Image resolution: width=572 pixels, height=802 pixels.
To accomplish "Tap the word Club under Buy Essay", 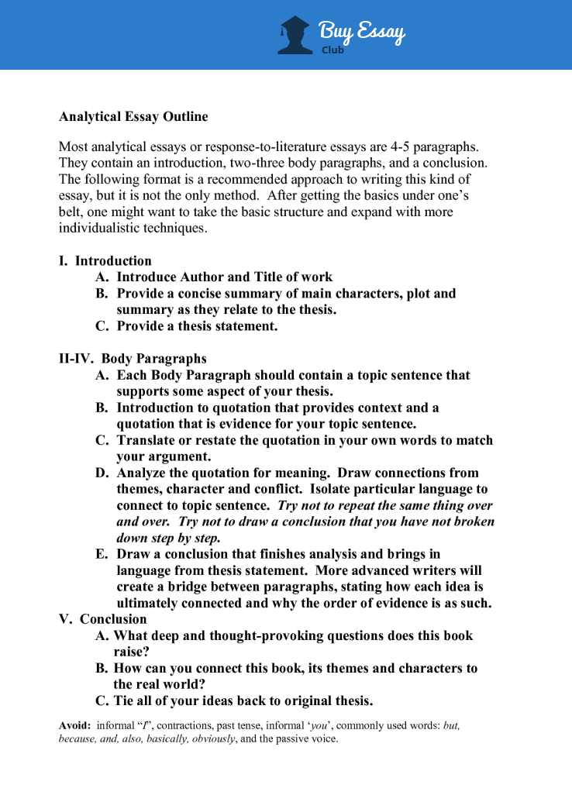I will [x=333, y=50].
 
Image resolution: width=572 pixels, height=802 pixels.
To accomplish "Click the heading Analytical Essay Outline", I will [x=133, y=117].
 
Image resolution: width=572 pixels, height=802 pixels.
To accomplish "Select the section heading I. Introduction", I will [x=105, y=261].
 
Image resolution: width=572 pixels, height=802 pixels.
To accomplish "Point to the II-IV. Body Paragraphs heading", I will [x=133, y=359].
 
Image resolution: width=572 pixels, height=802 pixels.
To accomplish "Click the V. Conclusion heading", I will [x=102, y=619].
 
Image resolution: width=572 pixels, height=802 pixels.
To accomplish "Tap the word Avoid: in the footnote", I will [x=75, y=725].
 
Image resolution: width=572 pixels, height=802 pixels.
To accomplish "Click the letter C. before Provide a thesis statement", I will [x=102, y=326].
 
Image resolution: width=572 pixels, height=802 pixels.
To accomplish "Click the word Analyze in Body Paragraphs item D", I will [x=143, y=473].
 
